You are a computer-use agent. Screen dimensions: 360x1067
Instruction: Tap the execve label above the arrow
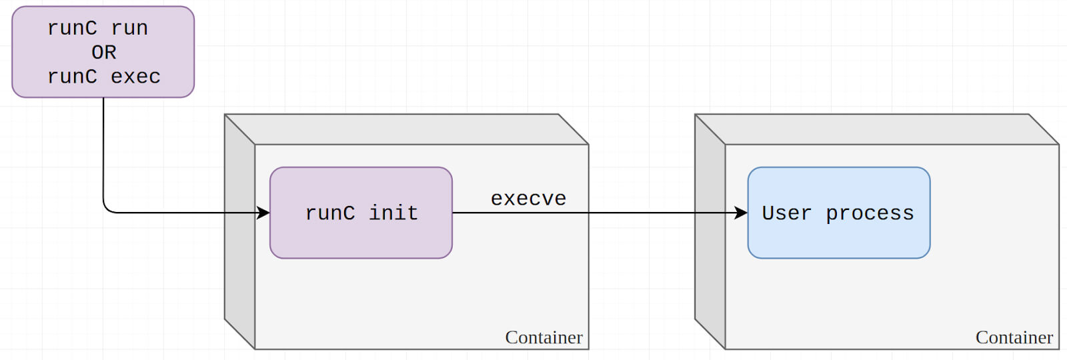point(528,199)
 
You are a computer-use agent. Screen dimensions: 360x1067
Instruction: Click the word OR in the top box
point(104,53)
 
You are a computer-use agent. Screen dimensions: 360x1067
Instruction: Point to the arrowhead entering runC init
point(263,213)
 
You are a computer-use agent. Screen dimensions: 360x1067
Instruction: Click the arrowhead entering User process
point(741,213)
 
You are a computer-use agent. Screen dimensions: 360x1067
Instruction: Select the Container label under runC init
point(544,337)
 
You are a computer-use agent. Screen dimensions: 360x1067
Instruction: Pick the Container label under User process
point(1014,337)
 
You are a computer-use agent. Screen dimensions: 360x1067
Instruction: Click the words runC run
point(97,28)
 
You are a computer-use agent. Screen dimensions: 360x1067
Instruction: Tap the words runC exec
point(104,77)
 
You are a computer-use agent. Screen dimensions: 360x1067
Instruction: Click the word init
point(393,213)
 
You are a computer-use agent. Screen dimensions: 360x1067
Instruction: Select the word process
point(870,213)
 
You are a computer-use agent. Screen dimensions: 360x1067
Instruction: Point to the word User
point(786,213)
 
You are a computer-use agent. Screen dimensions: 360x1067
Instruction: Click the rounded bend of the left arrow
point(107,209)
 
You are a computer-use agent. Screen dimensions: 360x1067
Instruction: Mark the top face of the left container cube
point(407,129)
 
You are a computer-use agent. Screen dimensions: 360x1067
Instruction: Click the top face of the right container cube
point(877,129)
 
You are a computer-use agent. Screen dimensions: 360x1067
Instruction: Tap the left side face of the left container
point(239,232)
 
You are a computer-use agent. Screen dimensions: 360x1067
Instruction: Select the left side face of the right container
point(710,232)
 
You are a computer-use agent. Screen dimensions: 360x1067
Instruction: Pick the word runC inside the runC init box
point(330,213)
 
